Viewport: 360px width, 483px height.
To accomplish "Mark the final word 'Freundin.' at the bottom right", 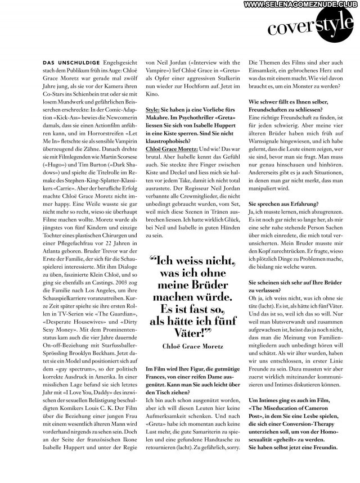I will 322,448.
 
